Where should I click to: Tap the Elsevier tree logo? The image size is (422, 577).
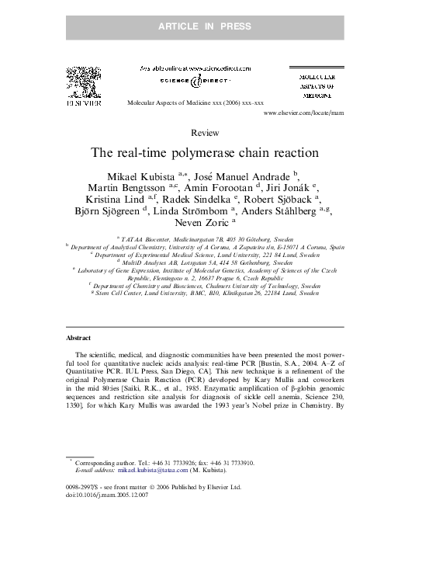(x=83, y=82)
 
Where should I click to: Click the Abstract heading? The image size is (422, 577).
(x=78, y=339)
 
